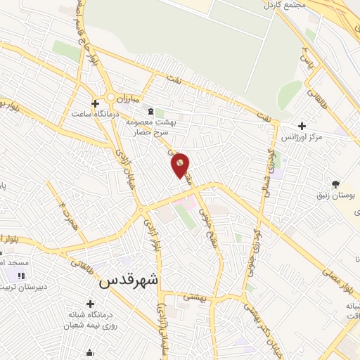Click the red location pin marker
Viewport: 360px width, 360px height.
click(x=180, y=165)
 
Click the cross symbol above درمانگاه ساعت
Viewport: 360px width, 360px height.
click(x=96, y=103)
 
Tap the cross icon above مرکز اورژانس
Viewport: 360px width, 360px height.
click(x=302, y=127)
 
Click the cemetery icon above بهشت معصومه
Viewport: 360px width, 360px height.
click(x=149, y=110)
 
